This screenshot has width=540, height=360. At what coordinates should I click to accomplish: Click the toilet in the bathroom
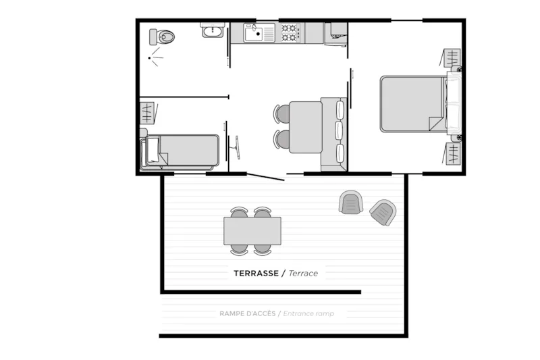pos(163,35)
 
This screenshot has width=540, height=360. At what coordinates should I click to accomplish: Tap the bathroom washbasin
pos(213,30)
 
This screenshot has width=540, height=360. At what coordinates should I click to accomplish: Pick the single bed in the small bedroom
pos(181,151)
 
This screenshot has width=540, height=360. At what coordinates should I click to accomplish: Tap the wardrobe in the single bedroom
pos(147,111)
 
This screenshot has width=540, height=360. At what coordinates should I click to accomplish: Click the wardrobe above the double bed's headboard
pos(452,59)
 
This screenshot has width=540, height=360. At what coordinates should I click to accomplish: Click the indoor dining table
pos(305,127)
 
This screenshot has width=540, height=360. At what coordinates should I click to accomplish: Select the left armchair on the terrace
pos(351,203)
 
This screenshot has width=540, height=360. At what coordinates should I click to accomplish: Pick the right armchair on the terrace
pos(382,213)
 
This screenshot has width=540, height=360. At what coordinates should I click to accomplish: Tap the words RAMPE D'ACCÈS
pos(247,313)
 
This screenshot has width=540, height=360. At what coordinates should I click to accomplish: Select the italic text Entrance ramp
pos(308,313)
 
